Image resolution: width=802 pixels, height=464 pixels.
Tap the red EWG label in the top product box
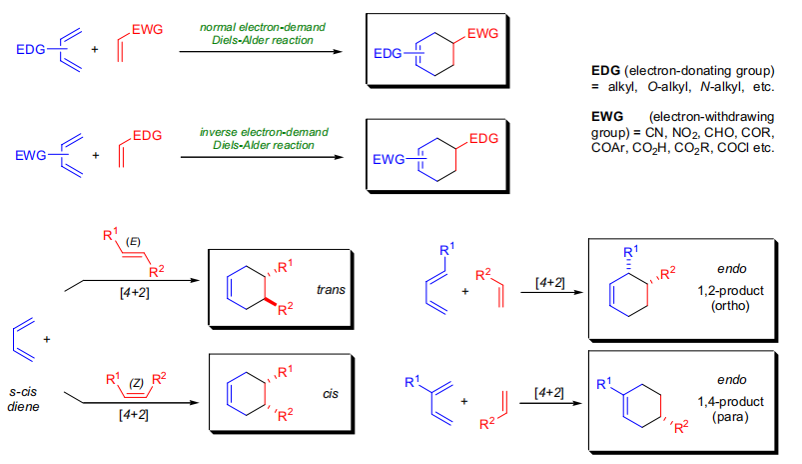[x=481, y=34]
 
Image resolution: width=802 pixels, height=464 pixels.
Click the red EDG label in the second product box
[x=481, y=138]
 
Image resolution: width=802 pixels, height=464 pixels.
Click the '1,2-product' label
[x=722, y=289]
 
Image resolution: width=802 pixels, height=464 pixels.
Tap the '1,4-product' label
[x=722, y=400]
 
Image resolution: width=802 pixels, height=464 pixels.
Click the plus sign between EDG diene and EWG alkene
[x=95, y=49]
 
